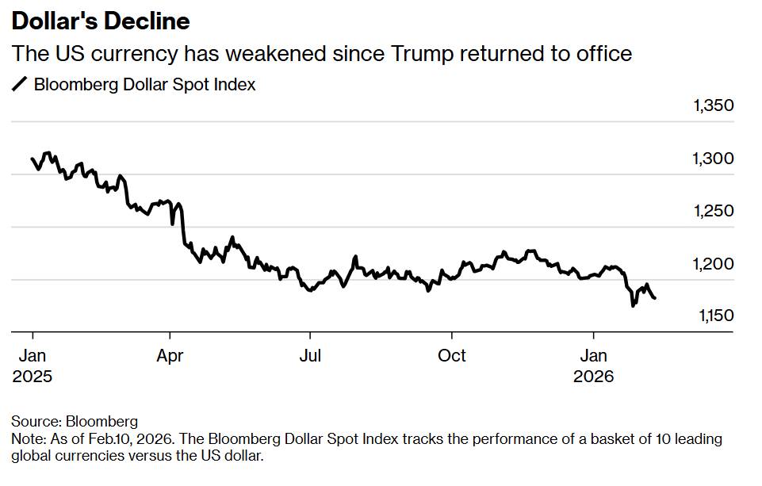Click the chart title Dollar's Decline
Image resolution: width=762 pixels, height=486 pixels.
coord(101,21)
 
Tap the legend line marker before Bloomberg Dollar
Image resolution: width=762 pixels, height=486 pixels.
coord(20,84)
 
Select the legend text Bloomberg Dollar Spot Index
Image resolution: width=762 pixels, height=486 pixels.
coord(145,84)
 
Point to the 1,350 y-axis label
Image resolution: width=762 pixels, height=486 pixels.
coord(713,106)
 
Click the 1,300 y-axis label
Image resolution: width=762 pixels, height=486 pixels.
coord(713,159)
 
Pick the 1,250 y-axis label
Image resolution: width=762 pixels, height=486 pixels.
coord(713,211)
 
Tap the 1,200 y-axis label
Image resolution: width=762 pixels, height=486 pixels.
coord(713,263)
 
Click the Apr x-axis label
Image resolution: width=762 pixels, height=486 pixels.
coord(170,356)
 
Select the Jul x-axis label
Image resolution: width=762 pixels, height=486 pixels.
coord(310,356)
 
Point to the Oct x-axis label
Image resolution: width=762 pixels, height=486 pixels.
coord(452,356)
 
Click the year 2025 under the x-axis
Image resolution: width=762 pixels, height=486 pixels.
coord(32,377)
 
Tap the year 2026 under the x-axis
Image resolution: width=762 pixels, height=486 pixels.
coord(594,377)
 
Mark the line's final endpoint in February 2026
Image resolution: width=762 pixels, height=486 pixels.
coord(655,298)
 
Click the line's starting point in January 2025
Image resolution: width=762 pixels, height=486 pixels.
coord(33,159)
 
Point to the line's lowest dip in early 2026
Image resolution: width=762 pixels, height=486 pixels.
coord(633,305)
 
